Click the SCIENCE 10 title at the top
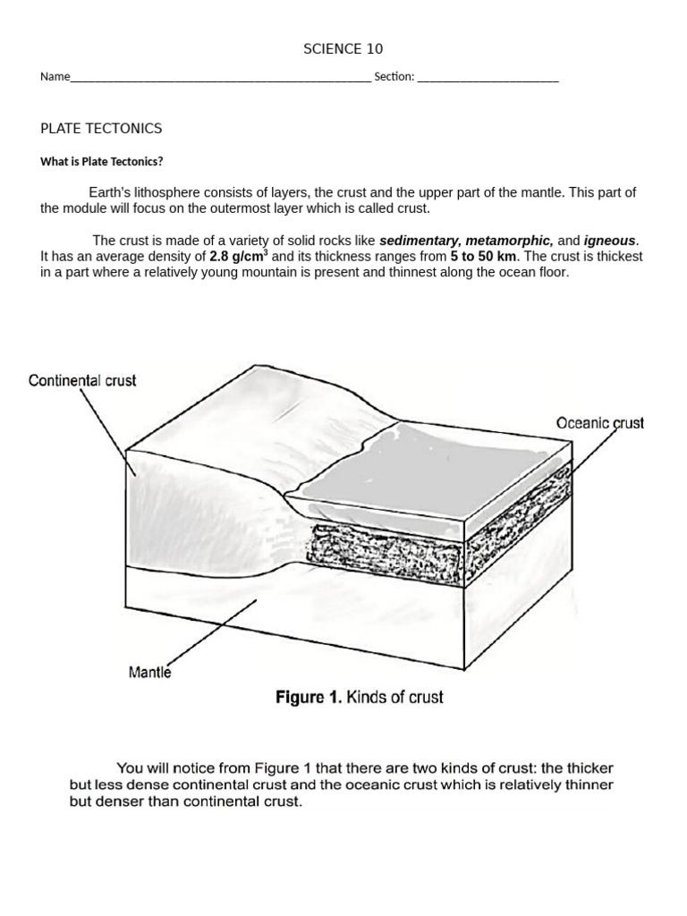[343, 48]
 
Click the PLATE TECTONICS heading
[101, 128]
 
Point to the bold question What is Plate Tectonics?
[102, 162]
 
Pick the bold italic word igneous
[609, 241]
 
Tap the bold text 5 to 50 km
[485, 256]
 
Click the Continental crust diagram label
[82, 380]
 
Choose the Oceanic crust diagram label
[599, 423]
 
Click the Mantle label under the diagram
[149, 672]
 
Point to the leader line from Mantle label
[211, 632]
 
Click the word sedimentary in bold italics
[420, 241]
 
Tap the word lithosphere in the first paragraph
[168, 192]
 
